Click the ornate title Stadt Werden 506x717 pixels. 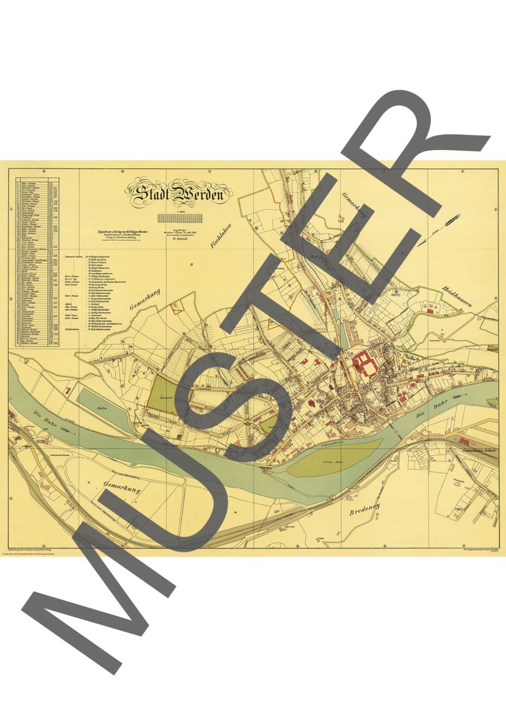[x=177, y=194]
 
